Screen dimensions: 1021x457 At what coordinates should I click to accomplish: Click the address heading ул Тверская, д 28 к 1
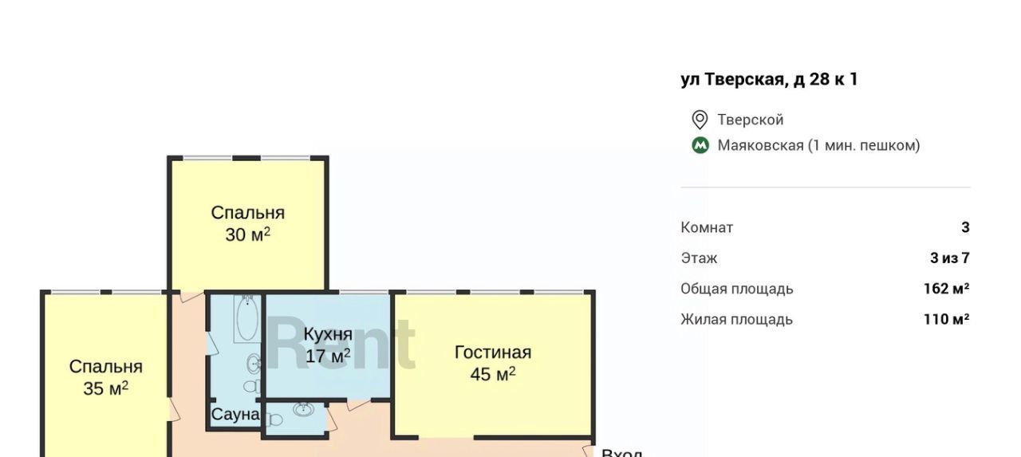click(x=770, y=79)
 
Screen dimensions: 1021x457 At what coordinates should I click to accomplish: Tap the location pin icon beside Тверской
click(x=700, y=120)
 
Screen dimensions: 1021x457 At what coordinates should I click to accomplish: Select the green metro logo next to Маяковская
click(x=700, y=145)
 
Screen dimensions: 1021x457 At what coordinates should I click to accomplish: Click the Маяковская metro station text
click(x=818, y=145)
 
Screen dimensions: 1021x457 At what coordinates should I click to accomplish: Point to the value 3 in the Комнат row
click(x=965, y=227)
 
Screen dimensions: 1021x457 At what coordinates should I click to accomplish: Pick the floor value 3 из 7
click(x=950, y=258)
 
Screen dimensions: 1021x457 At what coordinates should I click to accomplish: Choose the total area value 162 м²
click(x=947, y=289)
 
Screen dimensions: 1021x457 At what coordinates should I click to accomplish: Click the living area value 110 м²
click(x=947, y=319)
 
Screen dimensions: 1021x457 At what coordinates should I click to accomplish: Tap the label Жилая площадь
click(x=736, y=320)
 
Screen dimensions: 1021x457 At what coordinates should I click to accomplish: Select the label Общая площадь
click(x=737, y=290)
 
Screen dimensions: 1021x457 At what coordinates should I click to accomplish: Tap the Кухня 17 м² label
click(x=328, y=345)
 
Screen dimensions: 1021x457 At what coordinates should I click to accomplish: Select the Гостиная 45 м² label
click(x=493, y=363)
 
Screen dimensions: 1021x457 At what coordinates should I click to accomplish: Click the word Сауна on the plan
click(x=235, y=414)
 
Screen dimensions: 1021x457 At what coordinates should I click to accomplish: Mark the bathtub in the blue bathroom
click(x=247, y=318)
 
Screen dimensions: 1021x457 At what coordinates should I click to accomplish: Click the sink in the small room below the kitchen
click(x=303, y=408)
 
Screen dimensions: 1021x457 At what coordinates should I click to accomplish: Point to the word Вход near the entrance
click(x=621, y=453)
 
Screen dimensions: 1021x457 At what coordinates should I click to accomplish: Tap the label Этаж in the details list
click(x=700, y=258)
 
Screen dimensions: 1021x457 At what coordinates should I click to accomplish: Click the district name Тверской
click(x=751, y=120)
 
